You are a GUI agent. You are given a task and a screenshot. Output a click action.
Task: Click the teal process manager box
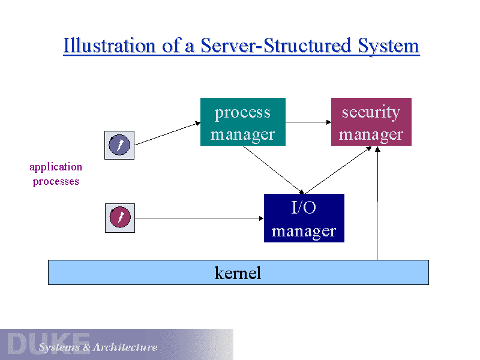click(242, 122)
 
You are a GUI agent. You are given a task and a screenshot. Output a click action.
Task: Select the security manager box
click(371, 122)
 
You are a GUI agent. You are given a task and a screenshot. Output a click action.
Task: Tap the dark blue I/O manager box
click(304, 218)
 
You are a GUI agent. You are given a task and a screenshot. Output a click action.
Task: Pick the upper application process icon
click(119, 145)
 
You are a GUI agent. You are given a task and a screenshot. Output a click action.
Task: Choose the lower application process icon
click(119, 218)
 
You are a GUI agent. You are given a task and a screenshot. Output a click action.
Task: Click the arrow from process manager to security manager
click(308, 122)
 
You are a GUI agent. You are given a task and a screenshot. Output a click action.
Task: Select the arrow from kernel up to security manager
click(377, 204)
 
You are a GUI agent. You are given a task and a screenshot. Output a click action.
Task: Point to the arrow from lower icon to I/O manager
click(198, 218)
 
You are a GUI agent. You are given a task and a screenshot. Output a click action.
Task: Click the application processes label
click(56, 174)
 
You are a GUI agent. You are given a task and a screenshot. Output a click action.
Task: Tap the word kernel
click(238, 273)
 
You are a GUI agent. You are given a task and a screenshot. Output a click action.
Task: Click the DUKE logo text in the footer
click(48, 343)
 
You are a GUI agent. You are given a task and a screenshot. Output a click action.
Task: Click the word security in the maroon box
click(371, 112)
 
